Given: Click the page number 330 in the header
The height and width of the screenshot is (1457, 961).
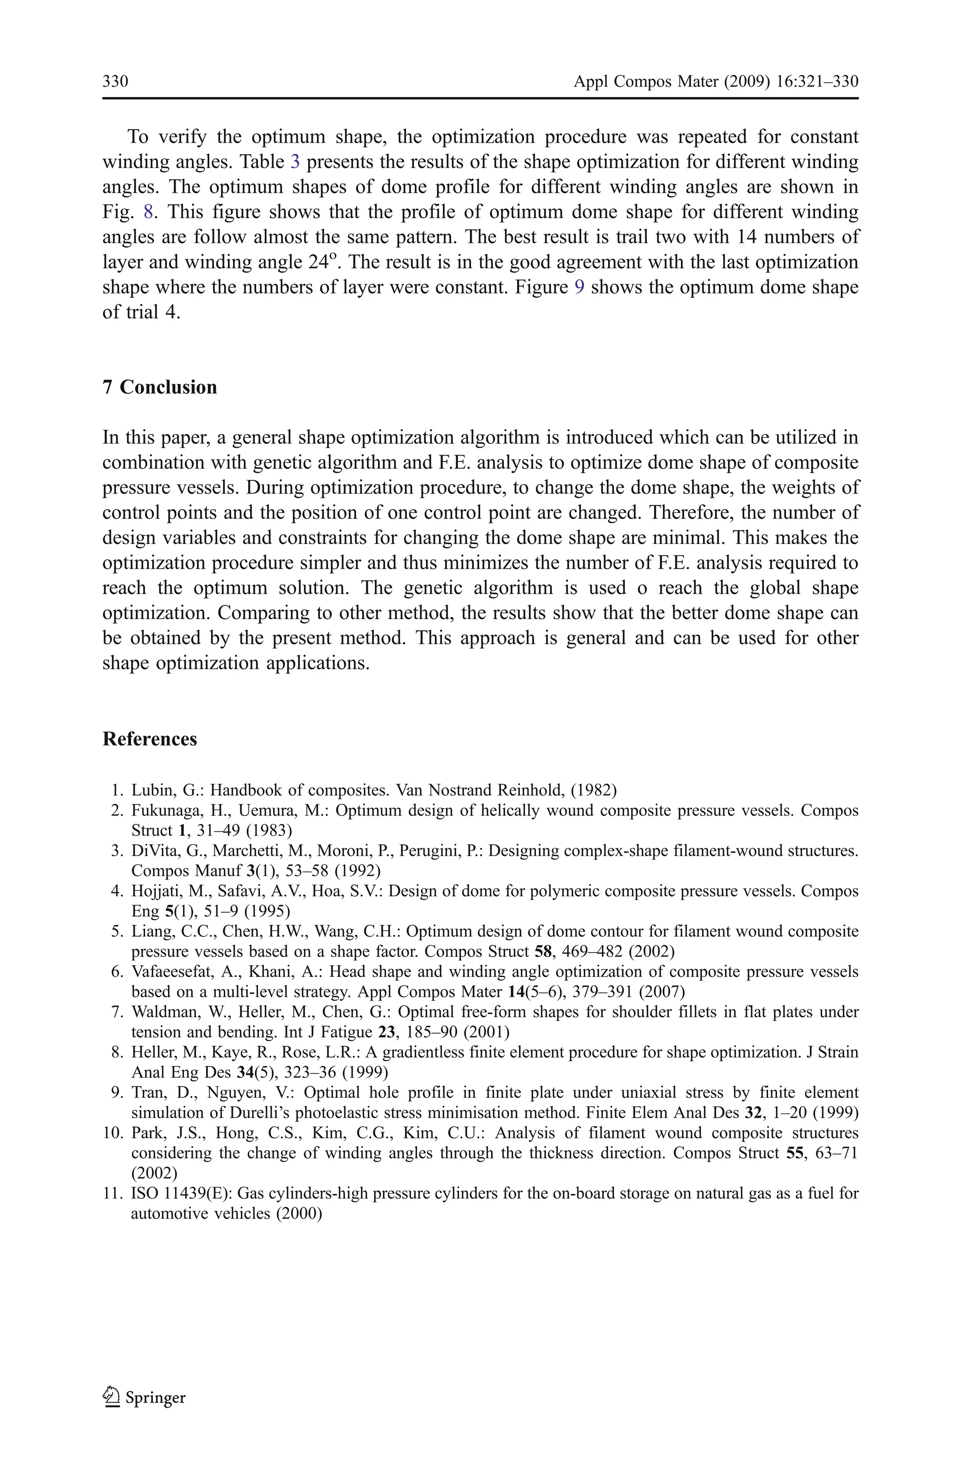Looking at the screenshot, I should click(115, 82).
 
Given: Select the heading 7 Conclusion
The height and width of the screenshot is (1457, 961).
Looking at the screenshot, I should click(160, 387).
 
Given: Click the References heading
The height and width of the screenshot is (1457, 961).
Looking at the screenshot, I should click(150, 739).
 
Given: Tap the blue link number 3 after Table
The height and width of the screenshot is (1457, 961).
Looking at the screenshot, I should click(295, 162).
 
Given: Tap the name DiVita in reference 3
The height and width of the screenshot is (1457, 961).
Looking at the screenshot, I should click(150, 851).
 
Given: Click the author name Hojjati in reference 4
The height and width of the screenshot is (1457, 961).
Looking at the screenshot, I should click(152, 892).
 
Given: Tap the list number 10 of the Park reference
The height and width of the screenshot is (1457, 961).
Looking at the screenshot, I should click(114, 1133).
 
